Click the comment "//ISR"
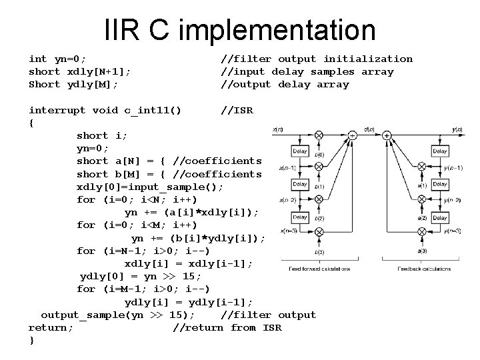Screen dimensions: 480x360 (x=237, y=109)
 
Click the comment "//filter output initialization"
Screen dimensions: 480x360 (x=317, y=59)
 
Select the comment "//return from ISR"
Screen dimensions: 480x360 (x=227, y=327)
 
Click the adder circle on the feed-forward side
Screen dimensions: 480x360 (x=353, y=135)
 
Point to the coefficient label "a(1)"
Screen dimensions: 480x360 (x=422, y=185)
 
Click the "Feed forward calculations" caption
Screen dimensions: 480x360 (x=319, y=269)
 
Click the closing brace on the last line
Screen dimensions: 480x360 (x=32, y=341)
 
